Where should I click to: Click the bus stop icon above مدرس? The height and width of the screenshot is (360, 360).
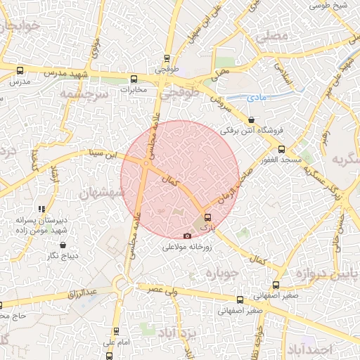[19, 71]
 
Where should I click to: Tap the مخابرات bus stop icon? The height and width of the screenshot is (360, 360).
[133, 79]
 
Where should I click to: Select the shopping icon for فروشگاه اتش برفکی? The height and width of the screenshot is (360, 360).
[252, 120]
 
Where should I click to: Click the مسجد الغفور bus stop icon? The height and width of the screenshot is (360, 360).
[281, 149]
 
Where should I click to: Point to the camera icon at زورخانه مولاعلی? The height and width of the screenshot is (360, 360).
[187, 236]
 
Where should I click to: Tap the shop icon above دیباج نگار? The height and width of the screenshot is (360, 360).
[64, 245]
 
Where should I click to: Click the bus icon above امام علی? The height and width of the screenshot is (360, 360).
[116, 330]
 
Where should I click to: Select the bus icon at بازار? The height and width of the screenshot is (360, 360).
[206, 217]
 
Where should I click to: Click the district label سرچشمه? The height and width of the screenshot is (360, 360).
[83, 94]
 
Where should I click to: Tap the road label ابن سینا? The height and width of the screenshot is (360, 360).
[99, 152]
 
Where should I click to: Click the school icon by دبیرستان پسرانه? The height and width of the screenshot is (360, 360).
[41, 209]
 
